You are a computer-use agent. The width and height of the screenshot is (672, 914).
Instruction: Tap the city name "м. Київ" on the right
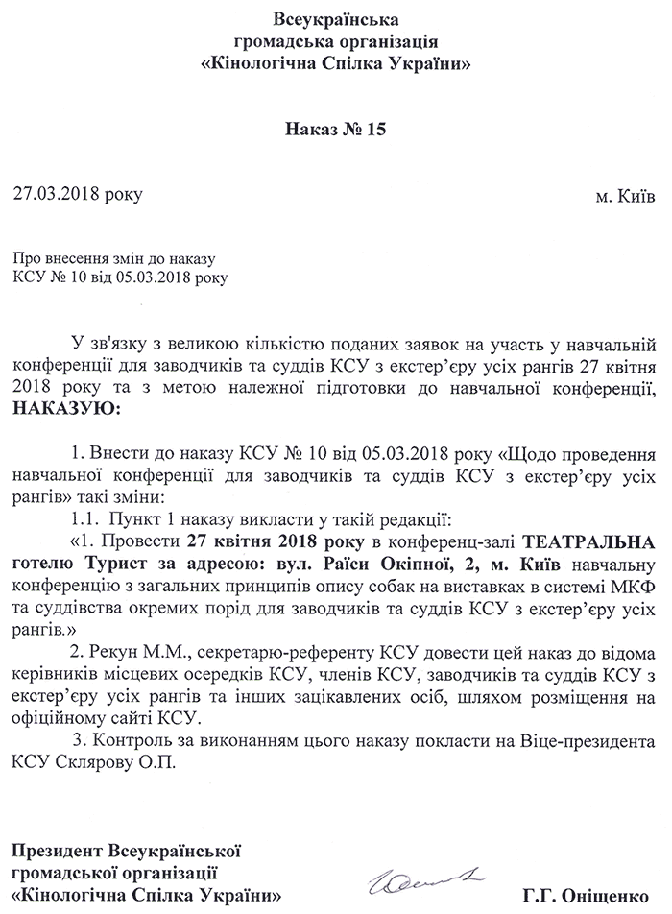tap(626, 196)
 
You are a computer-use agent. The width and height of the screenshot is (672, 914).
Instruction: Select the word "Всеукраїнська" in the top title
tap(335, 18)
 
